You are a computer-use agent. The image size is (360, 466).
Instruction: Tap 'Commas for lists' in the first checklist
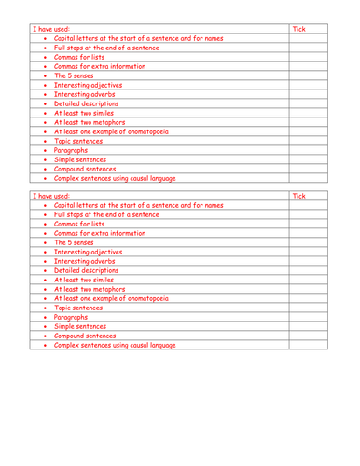tap(79, 57)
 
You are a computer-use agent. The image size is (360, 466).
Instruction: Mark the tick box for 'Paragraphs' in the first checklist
tap(314, 149)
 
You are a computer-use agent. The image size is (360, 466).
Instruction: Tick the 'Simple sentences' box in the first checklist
tap(314, 158)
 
